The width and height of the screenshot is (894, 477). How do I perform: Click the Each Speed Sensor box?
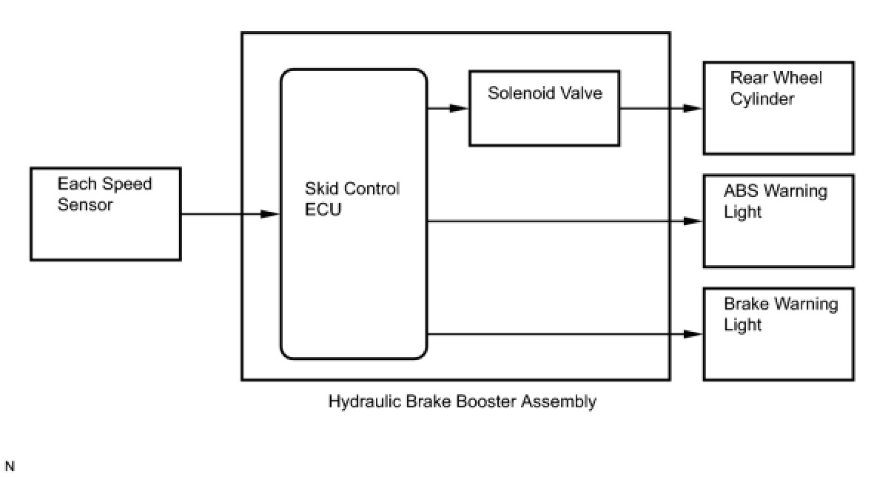106,214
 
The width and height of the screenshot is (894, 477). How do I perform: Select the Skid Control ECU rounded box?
354,215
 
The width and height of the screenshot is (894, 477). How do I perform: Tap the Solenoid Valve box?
544,108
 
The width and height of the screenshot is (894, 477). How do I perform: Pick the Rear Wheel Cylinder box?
778,108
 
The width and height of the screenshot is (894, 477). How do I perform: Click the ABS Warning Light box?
778,221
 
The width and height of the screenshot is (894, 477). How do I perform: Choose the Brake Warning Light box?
778,334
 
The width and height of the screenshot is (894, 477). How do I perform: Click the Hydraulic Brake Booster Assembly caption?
462,402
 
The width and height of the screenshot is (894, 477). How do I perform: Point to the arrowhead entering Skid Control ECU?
271,215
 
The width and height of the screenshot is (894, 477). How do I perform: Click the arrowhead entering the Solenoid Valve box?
460,108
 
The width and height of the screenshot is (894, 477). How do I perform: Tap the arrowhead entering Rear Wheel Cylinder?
693,108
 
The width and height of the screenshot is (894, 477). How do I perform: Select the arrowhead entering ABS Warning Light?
693,221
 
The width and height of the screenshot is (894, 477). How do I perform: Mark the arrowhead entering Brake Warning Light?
693,334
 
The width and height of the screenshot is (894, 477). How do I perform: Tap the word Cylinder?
762,99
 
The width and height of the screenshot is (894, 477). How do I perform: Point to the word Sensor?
85,204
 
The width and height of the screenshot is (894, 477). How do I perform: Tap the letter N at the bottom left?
9,467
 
